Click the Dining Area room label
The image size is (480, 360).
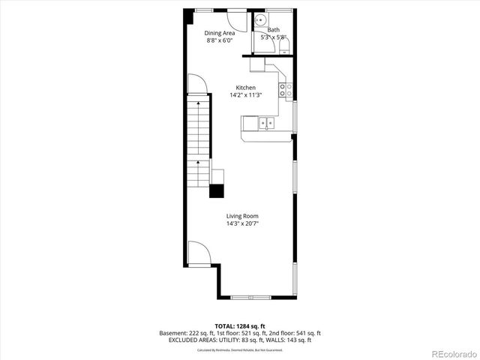(x=220, y=33)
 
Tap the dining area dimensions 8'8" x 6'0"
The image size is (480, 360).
(x=220, y=41)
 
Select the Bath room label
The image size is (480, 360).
(x=274, y=30)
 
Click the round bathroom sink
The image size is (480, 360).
(x=261, y=20)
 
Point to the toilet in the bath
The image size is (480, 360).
(x=284, y=46)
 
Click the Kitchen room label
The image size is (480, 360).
(x=245, y=88)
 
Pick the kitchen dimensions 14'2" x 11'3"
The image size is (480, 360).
(x=245, y=95)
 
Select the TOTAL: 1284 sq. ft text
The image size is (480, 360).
(x=239, y=326)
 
